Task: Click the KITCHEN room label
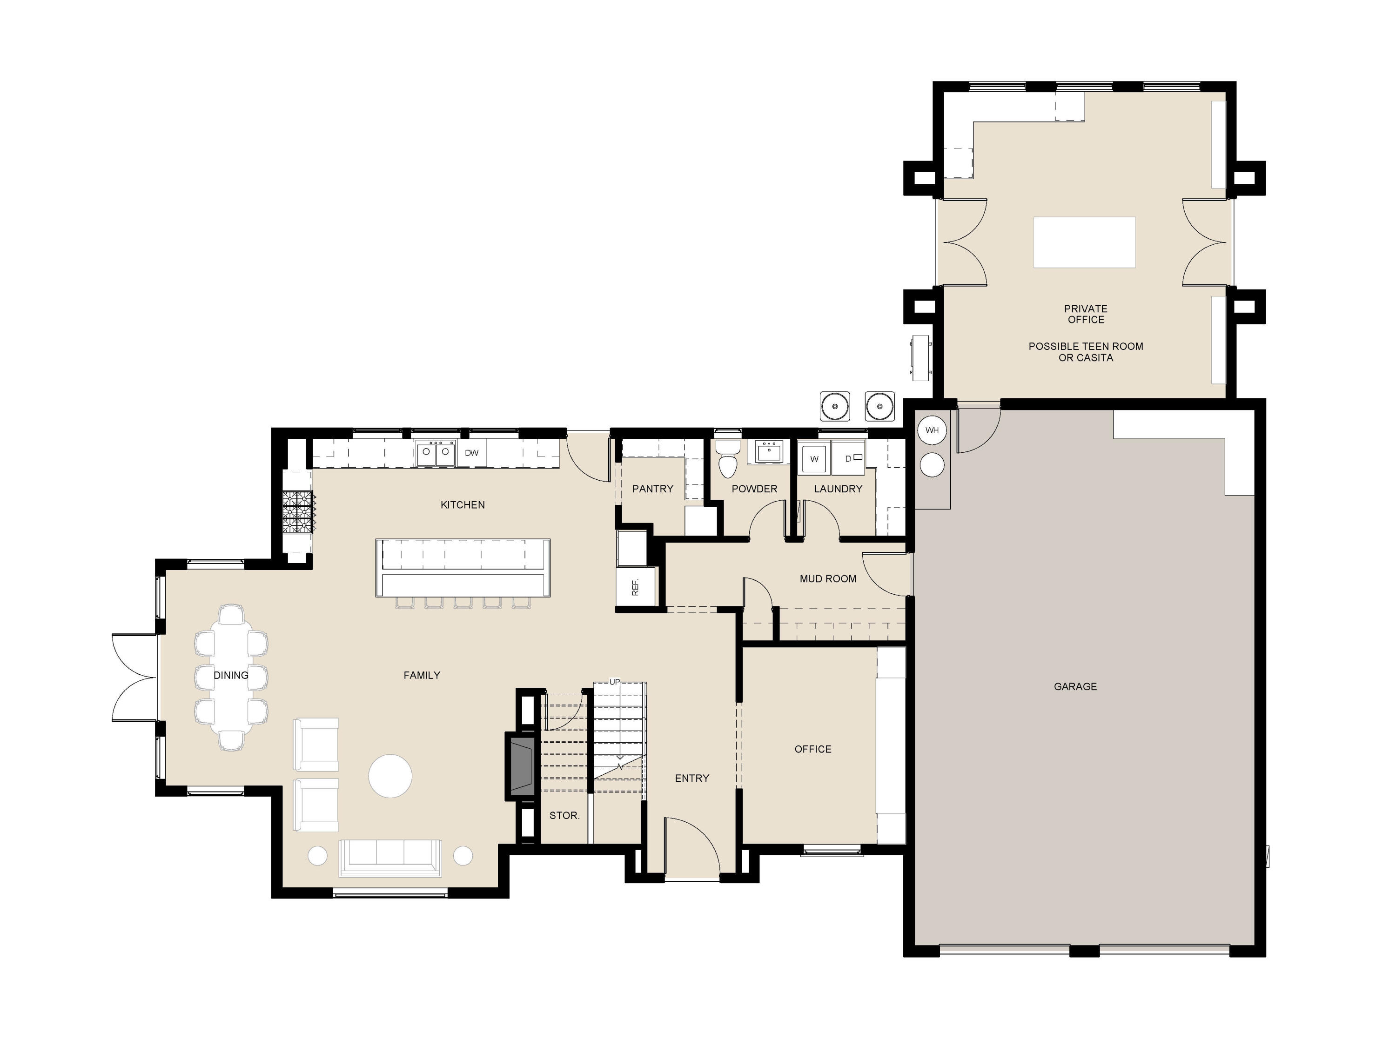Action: pos(463,505)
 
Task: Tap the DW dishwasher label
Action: pos(471,453)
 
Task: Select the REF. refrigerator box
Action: pos(636,587)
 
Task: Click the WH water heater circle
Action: pos(932,430)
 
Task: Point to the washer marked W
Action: pos(814,459)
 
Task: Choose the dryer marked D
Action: pos(849,458)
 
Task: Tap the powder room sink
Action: pos(769,452)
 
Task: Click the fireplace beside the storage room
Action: pos(522,767)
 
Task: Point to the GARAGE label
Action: pos(1075,687)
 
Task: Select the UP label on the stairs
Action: pos(615,682)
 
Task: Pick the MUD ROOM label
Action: pos(828,579)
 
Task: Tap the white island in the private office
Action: pos(1084,242)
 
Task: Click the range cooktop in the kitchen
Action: pos(297,512)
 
